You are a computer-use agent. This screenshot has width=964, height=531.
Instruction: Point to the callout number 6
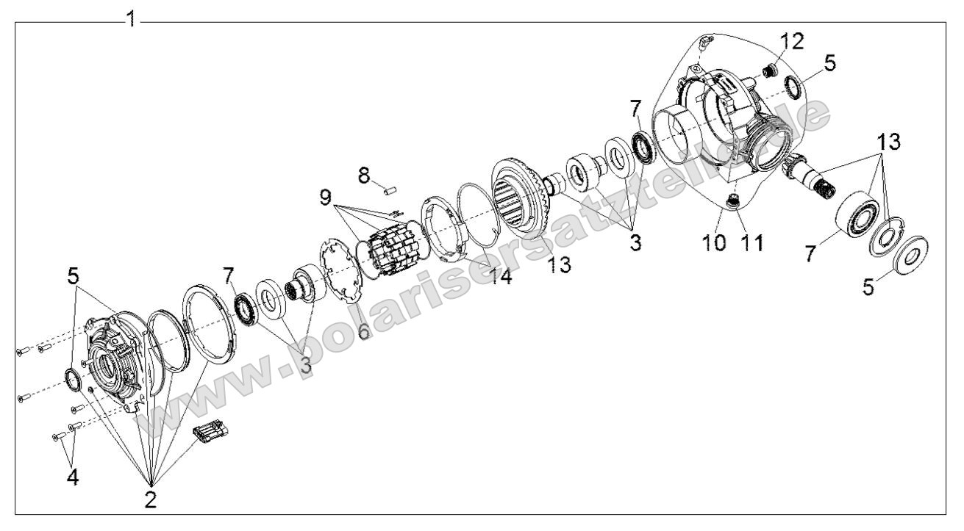365,332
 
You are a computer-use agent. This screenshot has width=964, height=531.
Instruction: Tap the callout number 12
791,41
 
